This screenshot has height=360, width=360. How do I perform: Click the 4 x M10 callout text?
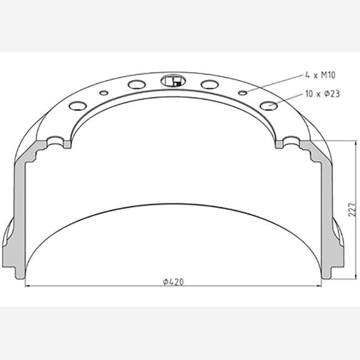click(320, 75)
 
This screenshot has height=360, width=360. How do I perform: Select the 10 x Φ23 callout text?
click(322, 94)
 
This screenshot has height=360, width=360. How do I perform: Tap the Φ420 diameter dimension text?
click(173, 282)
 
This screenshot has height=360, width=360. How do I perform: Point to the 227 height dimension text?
click(352, 209)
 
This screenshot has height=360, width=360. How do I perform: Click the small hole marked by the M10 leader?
click(243, 92)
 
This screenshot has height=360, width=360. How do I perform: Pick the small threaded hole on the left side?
click(104, 93)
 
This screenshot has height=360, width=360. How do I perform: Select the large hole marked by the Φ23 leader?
click(269, 106)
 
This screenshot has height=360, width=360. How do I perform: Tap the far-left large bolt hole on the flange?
click(78, 106)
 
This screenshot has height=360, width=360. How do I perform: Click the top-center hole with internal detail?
click(173, 81)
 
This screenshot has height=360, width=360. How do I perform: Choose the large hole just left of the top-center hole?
click(137, 85)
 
